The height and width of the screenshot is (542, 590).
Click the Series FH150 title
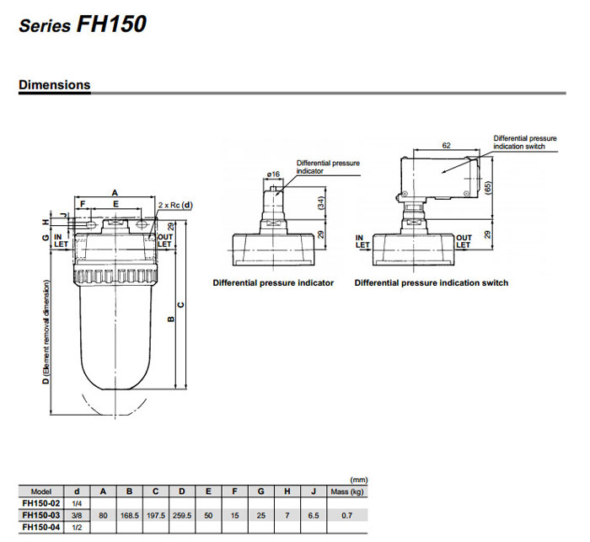click(x=83, y=24)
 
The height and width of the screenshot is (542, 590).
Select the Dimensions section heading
click(x=54, y=85)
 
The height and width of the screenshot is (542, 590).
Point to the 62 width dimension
click(x=444, y=145)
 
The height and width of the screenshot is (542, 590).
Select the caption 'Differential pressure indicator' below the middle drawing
click(x=273, y=283)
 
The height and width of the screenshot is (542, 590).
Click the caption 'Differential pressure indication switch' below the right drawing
click(x=431, y=283)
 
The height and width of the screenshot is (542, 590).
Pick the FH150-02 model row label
click(x=40, y=503)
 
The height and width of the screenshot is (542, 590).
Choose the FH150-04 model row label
click(x=40, y=527)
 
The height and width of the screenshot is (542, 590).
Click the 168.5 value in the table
click(x=129, y=515)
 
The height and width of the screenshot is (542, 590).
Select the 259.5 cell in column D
click(x=181, y=515)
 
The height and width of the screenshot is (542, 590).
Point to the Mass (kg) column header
click(x=346, y=491)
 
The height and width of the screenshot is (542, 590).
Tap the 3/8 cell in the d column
click(x=77, y=515)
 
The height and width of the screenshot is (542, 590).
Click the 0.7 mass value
click(x=346, y=515)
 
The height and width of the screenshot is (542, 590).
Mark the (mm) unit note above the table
click(x=358, y=479)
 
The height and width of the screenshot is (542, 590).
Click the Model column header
click(x=40, y=491)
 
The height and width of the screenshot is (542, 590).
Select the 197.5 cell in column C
click(x=155, y=515)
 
